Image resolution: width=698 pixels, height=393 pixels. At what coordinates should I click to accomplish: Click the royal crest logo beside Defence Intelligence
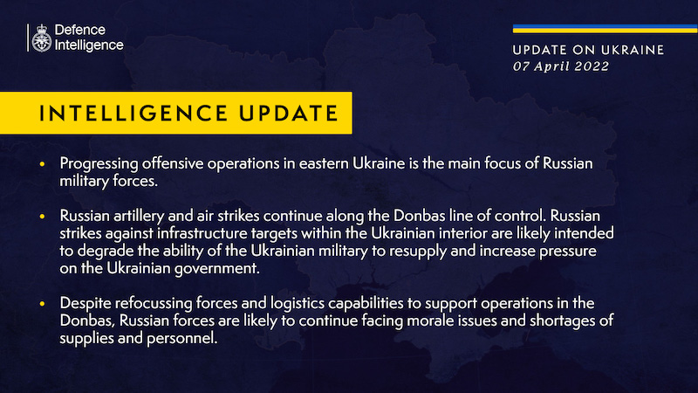[x=39, y=38]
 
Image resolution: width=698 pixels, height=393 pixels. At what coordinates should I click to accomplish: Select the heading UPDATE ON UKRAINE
[x=588, y=50]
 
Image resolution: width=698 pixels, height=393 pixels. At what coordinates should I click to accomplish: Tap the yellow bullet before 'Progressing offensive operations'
[x=44, y=164]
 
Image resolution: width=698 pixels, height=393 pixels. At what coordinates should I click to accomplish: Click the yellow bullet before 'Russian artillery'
[x=44, y=215]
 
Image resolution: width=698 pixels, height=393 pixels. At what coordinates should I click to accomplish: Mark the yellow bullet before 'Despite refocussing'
[x=44, y=303]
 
